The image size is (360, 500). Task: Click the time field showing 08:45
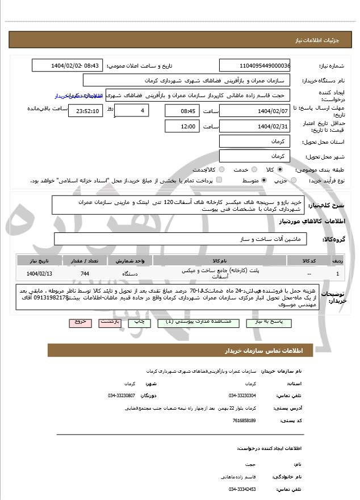(182, 110)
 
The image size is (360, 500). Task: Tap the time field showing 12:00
(182, 126)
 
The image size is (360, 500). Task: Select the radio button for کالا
(280, 170)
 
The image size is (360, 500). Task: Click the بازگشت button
(110, 322)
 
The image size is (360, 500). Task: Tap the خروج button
(81, 322)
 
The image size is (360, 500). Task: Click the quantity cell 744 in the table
(85, 274)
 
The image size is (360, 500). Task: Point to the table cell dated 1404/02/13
(37, 274)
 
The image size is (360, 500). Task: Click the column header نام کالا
(219, 260)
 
